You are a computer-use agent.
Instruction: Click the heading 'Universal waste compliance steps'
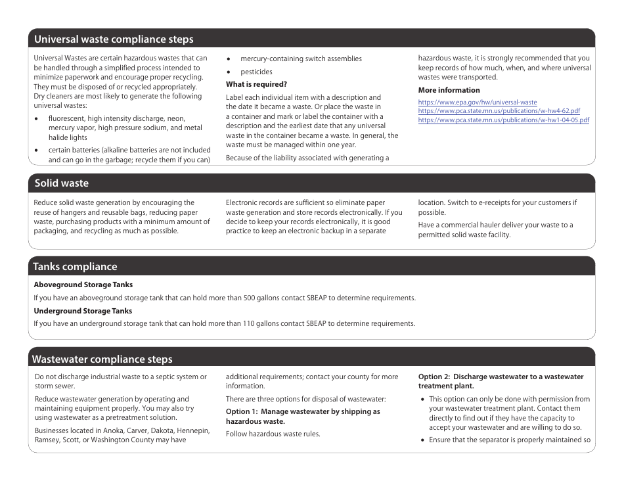[114, 39]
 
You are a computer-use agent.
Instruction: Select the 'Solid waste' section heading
[61, 183]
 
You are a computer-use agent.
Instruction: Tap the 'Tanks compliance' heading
[75, 267]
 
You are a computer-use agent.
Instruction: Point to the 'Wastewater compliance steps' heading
[102, 359]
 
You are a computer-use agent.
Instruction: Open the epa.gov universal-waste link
[477, 103]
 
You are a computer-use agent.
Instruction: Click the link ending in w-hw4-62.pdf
[499, 111]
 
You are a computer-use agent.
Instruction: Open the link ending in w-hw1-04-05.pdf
[503, 120]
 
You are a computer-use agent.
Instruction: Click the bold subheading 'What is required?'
[256, 85]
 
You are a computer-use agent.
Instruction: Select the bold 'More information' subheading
[449, 91]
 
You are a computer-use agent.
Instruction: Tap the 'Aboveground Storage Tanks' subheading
[83, 285]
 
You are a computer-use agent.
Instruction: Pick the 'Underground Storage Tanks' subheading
[83, 311]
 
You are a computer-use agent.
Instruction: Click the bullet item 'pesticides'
[256, 72]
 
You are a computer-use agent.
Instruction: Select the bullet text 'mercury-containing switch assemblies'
[301, 59]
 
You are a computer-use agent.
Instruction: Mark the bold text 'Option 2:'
[434, 377]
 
